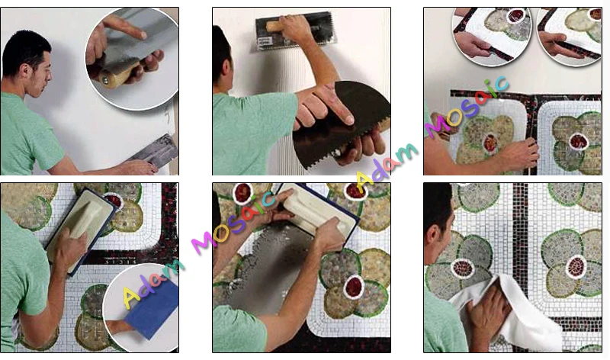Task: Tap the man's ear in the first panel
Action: tap(25, 71)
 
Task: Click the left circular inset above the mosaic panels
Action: tap(492, 36)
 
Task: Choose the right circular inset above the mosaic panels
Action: tap(570, 36)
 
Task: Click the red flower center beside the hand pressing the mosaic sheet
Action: tap(490, 143)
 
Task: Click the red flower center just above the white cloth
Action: tap(463, 268)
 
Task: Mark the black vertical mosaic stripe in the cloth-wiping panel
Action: tap(520, 249)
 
